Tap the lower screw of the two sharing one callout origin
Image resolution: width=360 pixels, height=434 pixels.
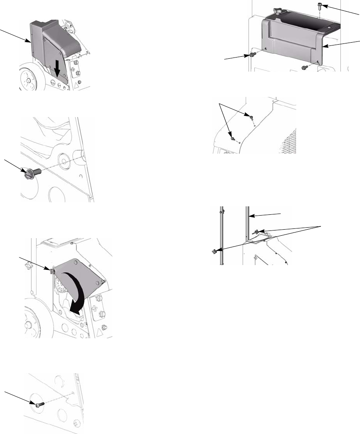click(x=233, y=139)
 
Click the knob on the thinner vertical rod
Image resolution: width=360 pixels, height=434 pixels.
click(x=214, y=252)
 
